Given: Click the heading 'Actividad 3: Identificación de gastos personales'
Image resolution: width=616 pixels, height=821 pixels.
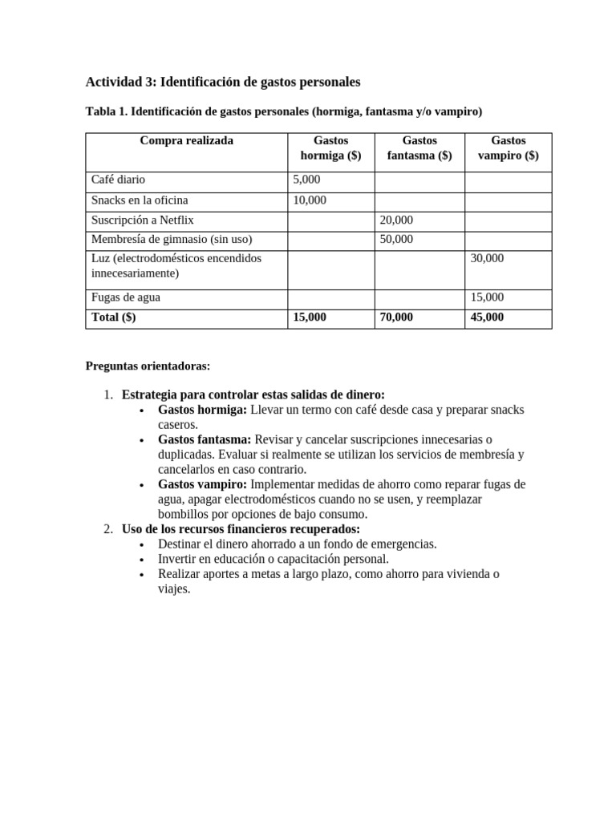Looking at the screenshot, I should click(x=223, y=82).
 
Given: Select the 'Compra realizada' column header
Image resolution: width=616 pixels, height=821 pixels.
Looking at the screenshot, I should click(x=186, y=141).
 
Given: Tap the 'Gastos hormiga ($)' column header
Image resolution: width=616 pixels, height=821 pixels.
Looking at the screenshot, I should click(x=330, y=148).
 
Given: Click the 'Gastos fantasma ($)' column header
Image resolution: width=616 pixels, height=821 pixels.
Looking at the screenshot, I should click(x=419, y=148).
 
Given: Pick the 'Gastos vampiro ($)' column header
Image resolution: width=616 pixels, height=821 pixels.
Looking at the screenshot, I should click(x=508, y=148).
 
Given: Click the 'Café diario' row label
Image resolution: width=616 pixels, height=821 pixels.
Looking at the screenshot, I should click(x=119, y=180).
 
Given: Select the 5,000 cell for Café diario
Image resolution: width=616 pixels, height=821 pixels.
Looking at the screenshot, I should click(x=306, y=180).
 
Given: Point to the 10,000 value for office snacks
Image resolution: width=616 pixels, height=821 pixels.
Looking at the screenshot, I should click(x=310, y=200).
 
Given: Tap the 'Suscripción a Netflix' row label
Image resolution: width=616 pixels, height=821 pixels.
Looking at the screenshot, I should click(x=143, y=220).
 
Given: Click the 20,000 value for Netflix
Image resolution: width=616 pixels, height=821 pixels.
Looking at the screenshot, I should click(x=397, y=220).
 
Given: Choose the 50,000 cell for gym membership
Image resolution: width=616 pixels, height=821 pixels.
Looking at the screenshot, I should click(x=397, y=239).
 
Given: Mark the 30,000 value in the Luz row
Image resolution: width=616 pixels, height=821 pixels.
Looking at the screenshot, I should click(x=487, y=258).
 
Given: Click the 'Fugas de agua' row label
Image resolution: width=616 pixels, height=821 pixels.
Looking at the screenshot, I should click(x=126, y=297).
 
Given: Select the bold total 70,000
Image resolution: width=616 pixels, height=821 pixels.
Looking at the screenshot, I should click(x=397, y=317).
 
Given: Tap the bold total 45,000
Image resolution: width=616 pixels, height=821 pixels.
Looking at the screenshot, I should click(x=487, y=317).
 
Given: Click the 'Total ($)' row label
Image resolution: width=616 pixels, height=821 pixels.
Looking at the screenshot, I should click(x=114, y=317).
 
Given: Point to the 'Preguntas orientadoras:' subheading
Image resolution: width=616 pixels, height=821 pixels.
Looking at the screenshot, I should click(x=148, y=366).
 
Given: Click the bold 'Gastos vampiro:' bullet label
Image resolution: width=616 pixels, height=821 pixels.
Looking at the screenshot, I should click(x=203, y=485).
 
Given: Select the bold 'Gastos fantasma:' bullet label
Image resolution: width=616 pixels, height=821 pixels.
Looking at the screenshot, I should click(x=205, y=440).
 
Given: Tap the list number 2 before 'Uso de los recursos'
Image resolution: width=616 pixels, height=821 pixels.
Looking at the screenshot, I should click(x=108, y=529).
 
